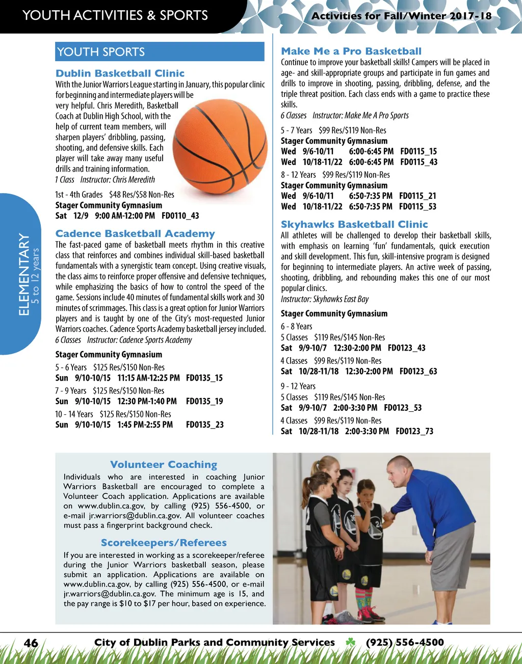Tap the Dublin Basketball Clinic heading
coord(120,73)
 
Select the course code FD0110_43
coord(180,216)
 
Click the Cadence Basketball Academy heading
coord(135,234)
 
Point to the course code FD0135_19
coord(204,401)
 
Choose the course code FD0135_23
coord(204,424)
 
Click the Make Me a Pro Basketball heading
coord(351,51)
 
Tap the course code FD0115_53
coord(417,206)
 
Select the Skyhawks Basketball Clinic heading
coord(354,225)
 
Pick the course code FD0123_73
coord(414,431)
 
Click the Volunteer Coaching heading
coord(164,465)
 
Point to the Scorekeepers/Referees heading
coord(164,543)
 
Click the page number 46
coord(31,643)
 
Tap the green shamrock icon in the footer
coord(350,643)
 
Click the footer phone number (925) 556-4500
coord(405,643)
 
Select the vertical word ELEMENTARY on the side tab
coord(24,274)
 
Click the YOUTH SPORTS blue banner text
coord(101,52)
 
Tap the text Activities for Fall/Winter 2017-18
coord(401,16)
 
